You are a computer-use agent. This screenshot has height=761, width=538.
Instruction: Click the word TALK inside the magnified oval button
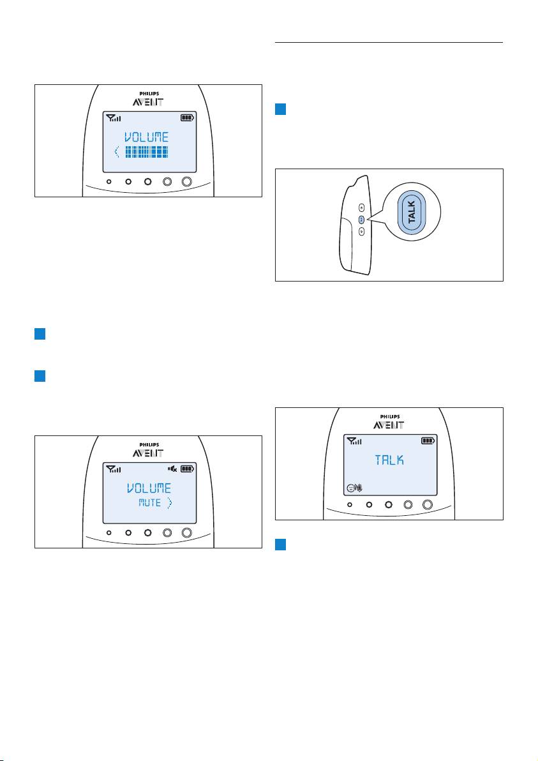tap(412, 213)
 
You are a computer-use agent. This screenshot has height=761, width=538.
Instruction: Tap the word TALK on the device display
tap(389, 460)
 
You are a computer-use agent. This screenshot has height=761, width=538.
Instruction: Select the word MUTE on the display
tap(149, 503)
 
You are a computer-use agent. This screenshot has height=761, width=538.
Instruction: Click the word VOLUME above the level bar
tap(147, 137)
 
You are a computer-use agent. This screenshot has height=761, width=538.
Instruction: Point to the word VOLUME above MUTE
tap(149, 488)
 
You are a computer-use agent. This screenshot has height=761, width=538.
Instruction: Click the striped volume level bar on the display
tap(147, 152)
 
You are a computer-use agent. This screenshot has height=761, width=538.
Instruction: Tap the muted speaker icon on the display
tap(172, 469)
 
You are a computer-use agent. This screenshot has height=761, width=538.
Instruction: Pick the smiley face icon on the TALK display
tap(350, 488)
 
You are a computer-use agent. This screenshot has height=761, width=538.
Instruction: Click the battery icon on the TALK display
tap(428, 441)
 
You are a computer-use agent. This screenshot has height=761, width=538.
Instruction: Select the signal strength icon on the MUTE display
tap(114, 469)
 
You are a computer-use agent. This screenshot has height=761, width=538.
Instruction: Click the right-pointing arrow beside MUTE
tap(169, 503)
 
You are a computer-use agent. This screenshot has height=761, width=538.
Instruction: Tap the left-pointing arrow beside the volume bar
tap(117, 152)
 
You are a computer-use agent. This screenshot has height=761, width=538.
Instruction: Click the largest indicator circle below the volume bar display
tap(186, 181)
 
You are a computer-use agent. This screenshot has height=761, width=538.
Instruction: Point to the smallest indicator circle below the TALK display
tap(350, 505)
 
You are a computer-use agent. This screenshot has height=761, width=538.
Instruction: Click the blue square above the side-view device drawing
tap(280, 109)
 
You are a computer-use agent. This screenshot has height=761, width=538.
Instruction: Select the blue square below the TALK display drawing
tap(280, 545)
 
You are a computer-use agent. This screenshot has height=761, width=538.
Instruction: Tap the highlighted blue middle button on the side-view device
tap(361, 220)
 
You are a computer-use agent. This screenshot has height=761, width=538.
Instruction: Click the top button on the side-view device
tap(361, 207)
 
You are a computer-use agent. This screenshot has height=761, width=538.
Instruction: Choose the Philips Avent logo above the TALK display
tap(389, 422)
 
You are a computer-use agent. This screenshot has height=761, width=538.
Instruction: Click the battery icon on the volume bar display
tap(187, 117)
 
